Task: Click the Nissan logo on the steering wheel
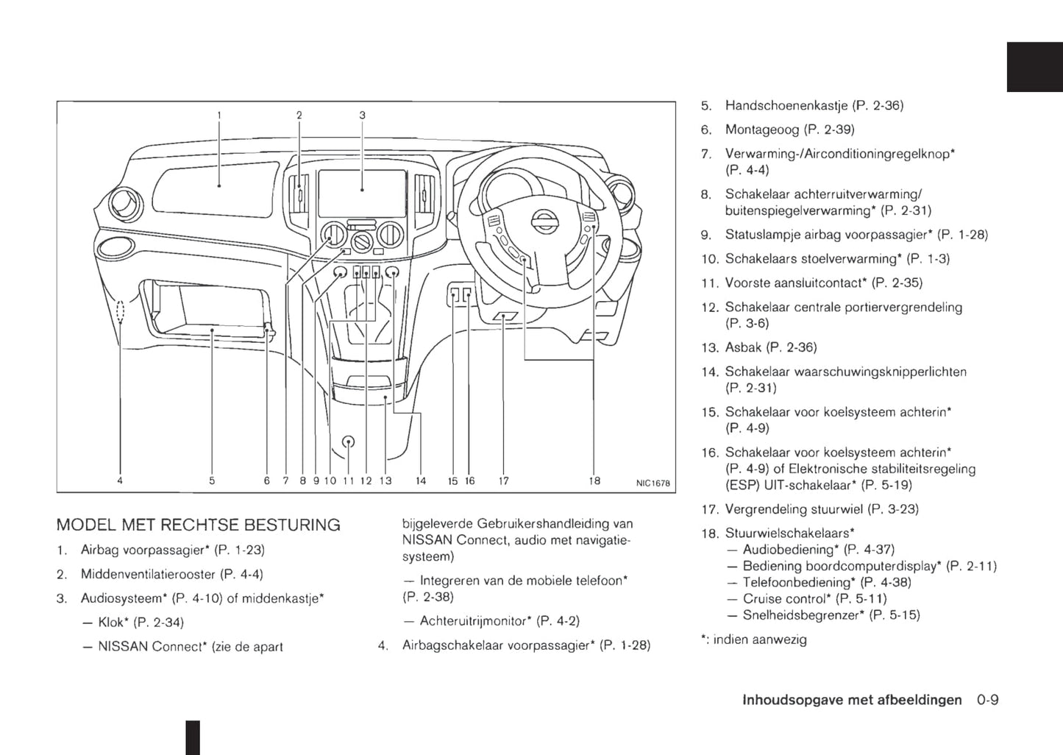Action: click(x=545, y=221)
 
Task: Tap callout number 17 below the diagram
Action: click(x=504, y=481)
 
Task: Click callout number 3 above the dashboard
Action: click(x=362, y=116)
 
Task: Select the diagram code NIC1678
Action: click(x=653, y=483)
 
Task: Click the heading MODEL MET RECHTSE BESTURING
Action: click(x=198, y=525)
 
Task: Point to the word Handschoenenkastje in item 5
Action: click(x=786, y=105)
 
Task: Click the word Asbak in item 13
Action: click(x=743, y=347)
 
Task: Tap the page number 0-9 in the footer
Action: click(x=988, y=700)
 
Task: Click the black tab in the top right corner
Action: click(x=1034, y=67)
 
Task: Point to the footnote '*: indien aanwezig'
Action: click(x=754, y=639)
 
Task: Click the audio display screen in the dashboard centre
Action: click(x=362, y=193)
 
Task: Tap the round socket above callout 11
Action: click(x=349, y=442)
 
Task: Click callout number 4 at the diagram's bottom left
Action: click(x=120, y=481)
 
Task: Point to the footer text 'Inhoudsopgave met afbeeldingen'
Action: click(x=852, y=700)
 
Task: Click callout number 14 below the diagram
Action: click(x=421, y=481)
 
